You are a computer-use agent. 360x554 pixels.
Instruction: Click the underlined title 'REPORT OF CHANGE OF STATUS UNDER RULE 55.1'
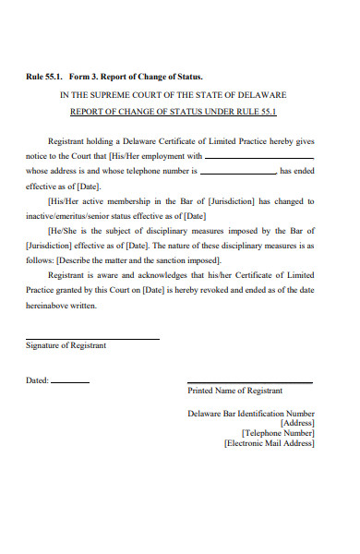tap(174, 112)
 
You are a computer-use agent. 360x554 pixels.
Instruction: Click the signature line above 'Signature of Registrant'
tap(91, 338)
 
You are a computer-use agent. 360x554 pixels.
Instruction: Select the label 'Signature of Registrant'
tap(66, 346)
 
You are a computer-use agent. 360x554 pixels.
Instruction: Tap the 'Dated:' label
tap(37, 380)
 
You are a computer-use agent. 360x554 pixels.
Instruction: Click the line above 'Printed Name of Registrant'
tap(249, 383)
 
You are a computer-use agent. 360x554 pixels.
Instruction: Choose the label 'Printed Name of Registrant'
tap(234, 391)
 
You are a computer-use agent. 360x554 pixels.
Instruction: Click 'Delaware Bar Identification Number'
tap(251, 414)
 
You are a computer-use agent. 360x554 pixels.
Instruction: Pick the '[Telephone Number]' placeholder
tap(278, 432)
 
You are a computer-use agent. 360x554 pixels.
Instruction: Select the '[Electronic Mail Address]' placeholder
tap(270, 443)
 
